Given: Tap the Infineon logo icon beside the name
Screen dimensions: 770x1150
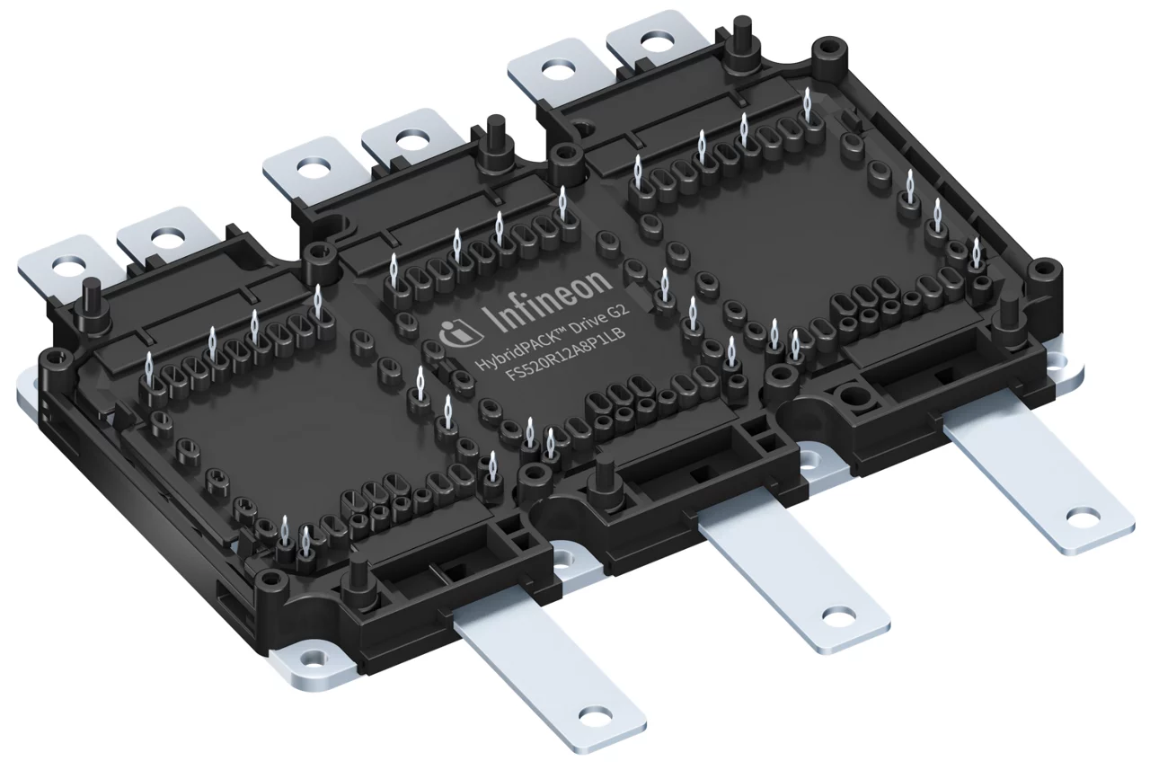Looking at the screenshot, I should click(x=456, y=332).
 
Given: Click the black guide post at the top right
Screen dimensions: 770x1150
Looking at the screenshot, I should click(x=742, y=32).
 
